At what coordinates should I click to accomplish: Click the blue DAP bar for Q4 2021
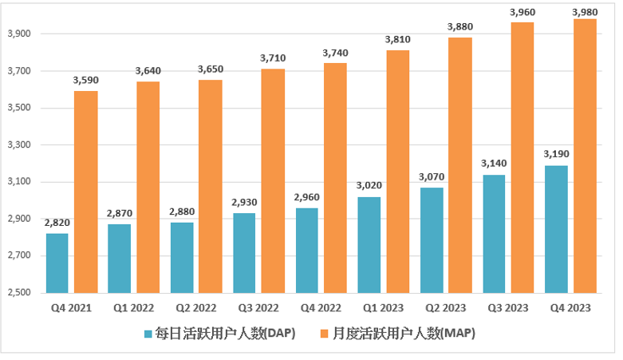point(57,263)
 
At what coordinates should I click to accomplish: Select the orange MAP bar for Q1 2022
point(148,187)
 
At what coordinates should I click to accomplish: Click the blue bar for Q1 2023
point(369,244)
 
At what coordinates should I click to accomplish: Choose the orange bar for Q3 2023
point(522,157)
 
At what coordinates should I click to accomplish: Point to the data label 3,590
point(85,81)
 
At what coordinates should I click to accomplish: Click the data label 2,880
point(182,212)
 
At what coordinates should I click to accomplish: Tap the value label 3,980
point(585,10)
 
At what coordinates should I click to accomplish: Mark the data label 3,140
point(493,164)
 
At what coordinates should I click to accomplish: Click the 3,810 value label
point(397,40)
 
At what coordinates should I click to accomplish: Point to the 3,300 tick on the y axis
point(18,145)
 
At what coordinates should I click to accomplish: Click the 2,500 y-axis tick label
point(18,293)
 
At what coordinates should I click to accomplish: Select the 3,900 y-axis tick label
point(18,34)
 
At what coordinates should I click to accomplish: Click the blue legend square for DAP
point(148,334)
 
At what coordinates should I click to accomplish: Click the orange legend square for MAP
point(325,334)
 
